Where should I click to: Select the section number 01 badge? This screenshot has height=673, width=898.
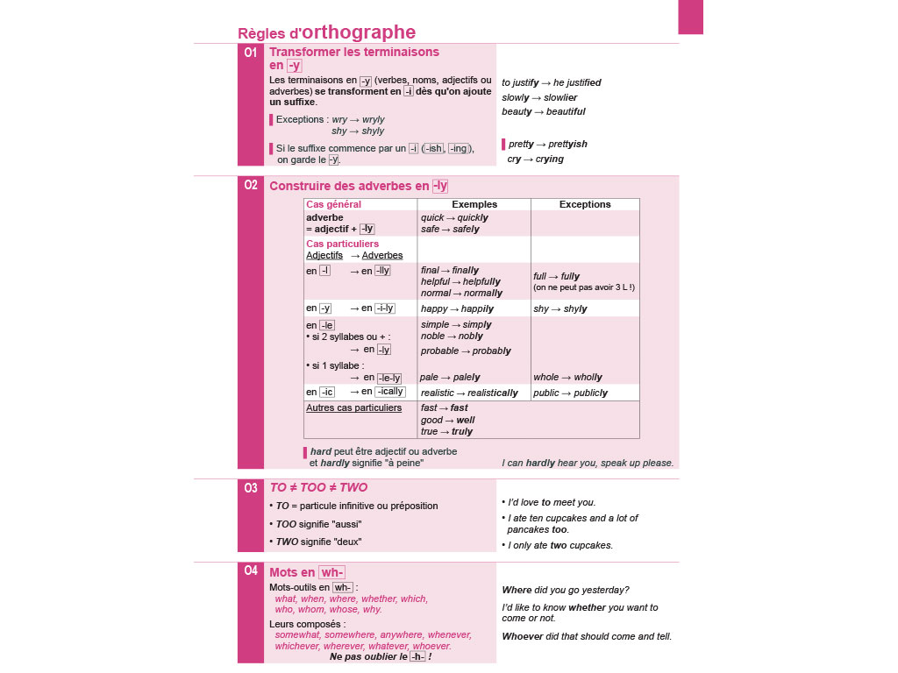click(x=251, y=53)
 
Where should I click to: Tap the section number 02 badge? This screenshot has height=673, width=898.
click(x=251, y=185)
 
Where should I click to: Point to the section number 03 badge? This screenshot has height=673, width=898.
click(x=251, y=488)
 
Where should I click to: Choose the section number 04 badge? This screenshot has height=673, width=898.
click(x=251, y=571)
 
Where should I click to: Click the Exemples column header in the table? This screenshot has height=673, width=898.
click(x=474, y=204)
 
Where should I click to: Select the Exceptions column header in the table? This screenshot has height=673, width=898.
click(x=584, y=204)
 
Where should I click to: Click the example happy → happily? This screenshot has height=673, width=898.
click(x=457, y=308)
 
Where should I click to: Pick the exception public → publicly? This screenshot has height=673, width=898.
click(x=570, y=393)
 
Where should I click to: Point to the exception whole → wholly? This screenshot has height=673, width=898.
click(x=567, y=377)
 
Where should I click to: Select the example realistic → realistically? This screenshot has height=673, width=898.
click(x=469, y=393)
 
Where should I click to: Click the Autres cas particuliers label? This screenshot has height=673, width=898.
click(x=353, y=407)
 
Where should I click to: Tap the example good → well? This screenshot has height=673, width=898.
click(x=447, y=420)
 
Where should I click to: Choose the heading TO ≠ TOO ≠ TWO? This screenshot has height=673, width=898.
click(x=318, y=487)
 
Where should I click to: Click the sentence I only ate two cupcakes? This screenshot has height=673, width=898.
click(x=560, y=545)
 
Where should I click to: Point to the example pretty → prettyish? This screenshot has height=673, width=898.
click(x=548, y=144)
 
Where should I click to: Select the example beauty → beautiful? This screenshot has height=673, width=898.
click(x=544, y=111)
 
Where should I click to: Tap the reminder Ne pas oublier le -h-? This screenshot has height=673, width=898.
click(x=381, y=656)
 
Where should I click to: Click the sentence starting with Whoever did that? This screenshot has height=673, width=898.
click(x=587, y=636)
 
